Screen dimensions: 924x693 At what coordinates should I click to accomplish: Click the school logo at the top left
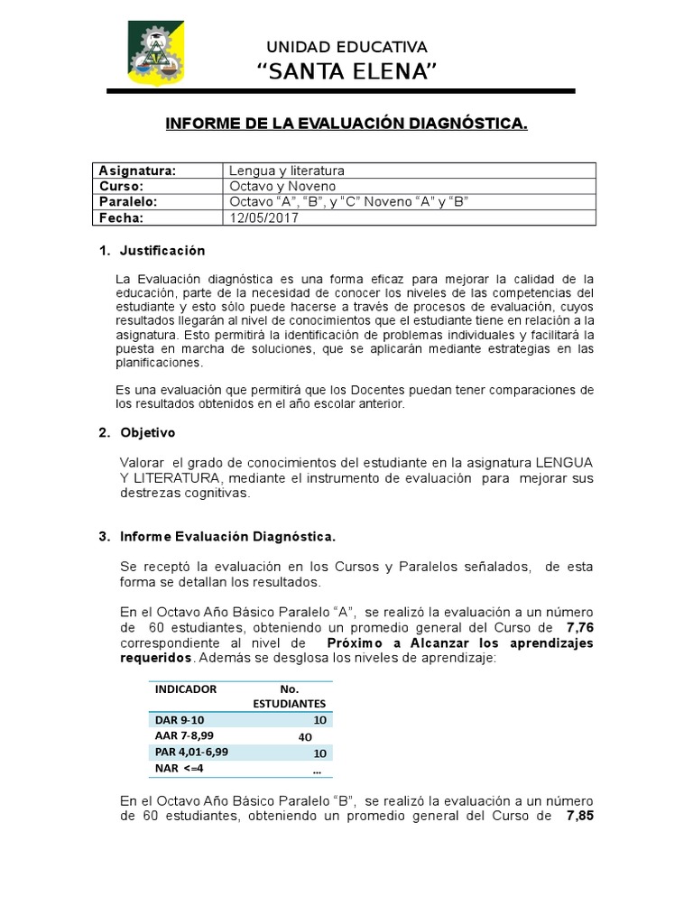[x=154, y=53]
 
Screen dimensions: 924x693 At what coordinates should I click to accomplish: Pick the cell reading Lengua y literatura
[x=287, y=171]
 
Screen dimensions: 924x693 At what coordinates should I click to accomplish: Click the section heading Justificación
[x=163, y=250]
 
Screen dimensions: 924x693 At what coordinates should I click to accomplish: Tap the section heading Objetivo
[x=148, y=433]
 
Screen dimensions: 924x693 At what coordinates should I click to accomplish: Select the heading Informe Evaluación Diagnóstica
[x=228, y=537]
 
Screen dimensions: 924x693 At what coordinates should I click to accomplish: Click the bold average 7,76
[x=579, y=627]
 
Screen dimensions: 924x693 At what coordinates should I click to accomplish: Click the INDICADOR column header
[x=187, y=688]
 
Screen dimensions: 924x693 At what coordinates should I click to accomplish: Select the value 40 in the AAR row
[x=304, y=736]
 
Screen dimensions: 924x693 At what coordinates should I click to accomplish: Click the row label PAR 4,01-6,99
[x=192, y=752]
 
